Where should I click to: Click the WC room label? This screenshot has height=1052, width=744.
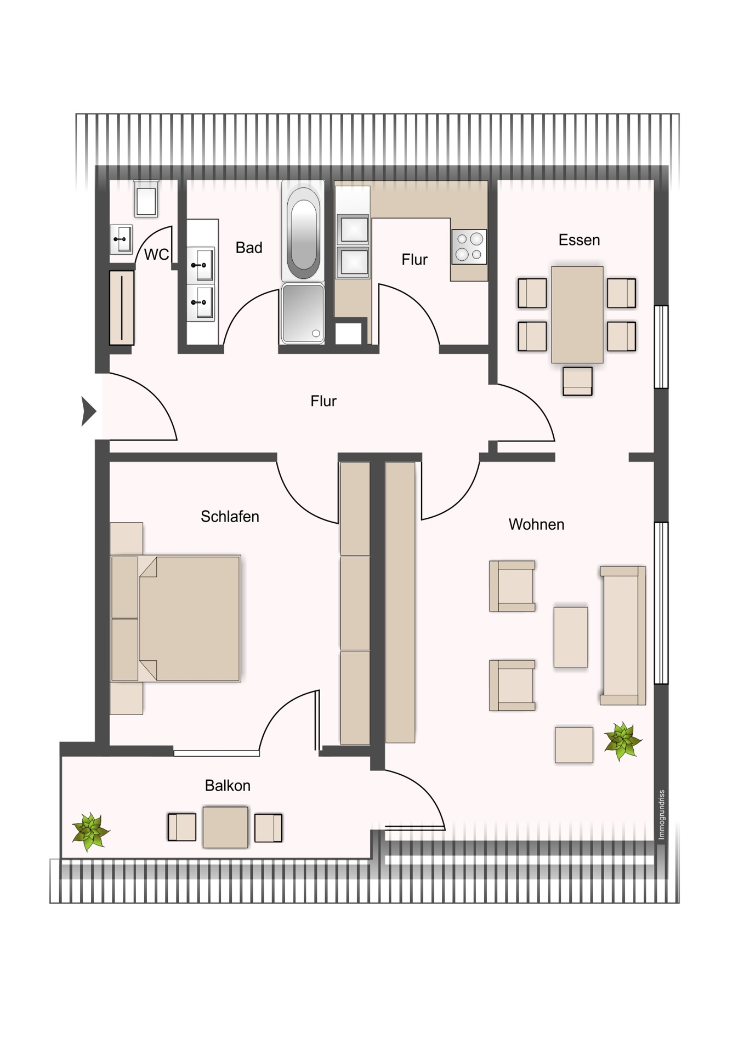tap(156, 254)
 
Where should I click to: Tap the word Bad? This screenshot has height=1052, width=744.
tap(249, 248)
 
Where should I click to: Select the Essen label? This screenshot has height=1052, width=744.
tap(579, 240)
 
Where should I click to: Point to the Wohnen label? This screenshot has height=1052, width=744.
tap(536, 524)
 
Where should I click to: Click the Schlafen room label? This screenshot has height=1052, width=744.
tap(230, 517)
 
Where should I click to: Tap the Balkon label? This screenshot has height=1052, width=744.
tap(228, 786)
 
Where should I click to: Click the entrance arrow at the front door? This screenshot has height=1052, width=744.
tap(88, 411)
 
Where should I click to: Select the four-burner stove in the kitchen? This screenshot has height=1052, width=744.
tap(469, 247)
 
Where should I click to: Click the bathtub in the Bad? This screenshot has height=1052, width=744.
tap(303, 231)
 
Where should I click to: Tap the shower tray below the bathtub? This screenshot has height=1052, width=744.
tap(303, 313)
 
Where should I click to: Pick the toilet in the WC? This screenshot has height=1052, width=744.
tap(146, 199)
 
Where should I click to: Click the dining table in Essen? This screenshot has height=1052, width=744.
tap(577, 315)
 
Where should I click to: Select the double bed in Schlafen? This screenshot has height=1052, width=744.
tap(175, 619)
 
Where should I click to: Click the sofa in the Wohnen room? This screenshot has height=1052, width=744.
tap(623, 635)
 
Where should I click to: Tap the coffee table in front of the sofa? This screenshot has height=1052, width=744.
tap(571, 637)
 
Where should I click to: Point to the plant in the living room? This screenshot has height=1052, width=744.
tap(622, 741)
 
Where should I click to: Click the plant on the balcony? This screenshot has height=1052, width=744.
tap(91, 832)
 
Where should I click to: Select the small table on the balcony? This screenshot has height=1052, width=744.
tap(225, 827)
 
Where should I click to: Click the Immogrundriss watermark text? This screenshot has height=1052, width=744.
tap(662, 814)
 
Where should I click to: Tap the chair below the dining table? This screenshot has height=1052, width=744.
tap(577, 381)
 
